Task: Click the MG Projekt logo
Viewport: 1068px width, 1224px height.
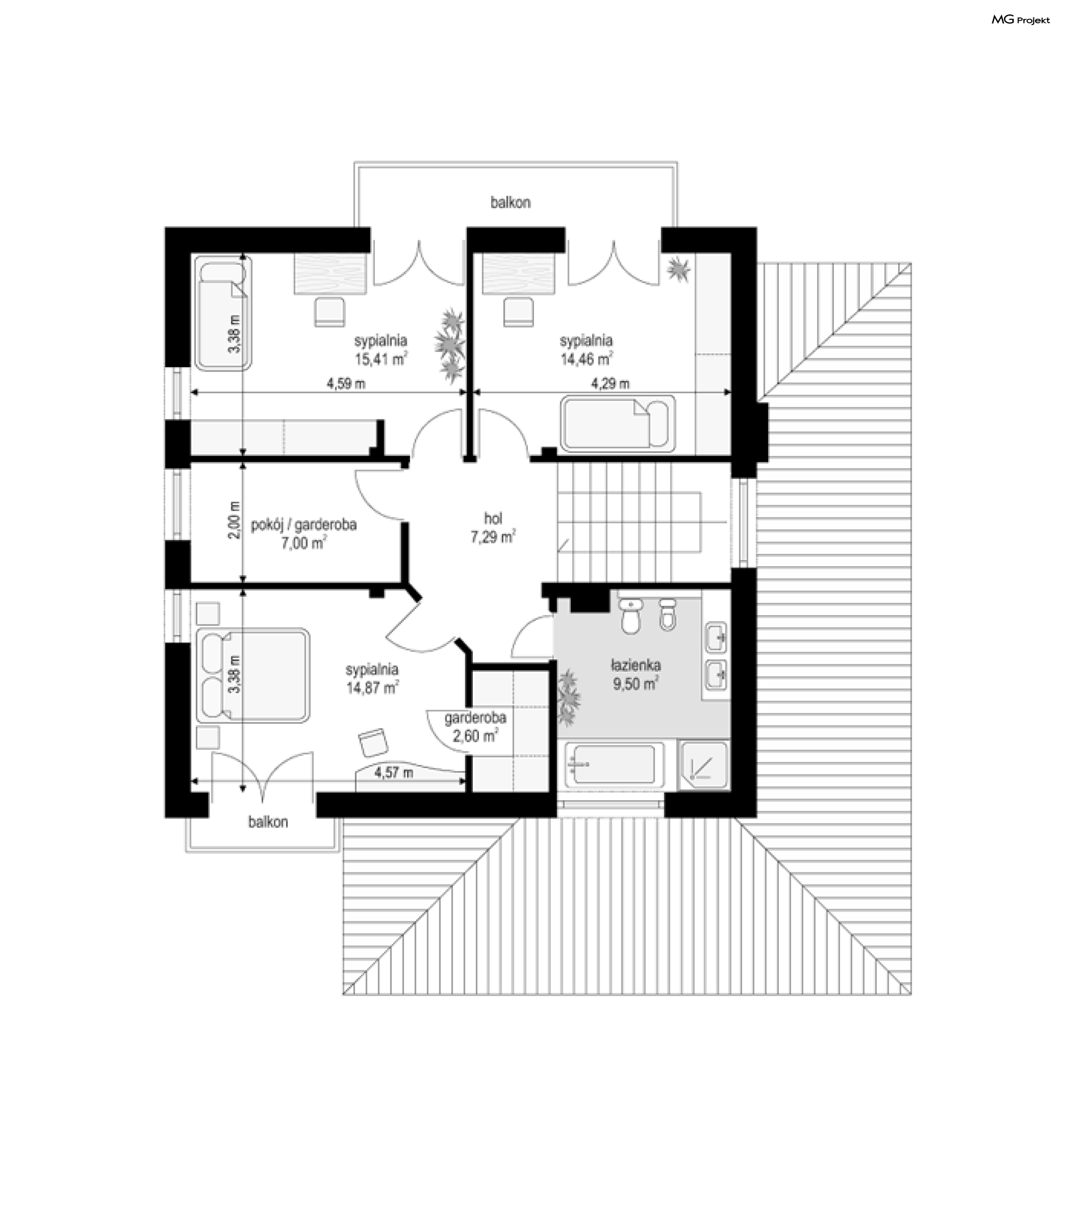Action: pos(1020,19)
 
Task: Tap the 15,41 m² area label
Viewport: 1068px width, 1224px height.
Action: pos(381,359)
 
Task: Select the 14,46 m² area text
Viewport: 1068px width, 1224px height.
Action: pos(586,359)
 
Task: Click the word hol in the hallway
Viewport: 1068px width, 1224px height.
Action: pos(493,518)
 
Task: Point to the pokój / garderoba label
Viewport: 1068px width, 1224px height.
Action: pos(304,525)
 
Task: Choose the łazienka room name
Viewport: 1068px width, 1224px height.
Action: pos(636,665)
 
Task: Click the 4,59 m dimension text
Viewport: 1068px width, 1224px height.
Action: pos(345,384)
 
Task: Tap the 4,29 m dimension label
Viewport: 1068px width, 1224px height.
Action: pos(610,384)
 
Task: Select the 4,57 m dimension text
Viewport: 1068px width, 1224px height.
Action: pos(393,773)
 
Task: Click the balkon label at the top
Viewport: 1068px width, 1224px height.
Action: pos(511,202)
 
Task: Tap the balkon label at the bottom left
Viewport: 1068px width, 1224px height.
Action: pos(268,822)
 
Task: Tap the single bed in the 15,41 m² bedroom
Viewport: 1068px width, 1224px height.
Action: pos(224,314)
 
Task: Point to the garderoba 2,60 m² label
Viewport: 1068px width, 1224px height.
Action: pos(476,727)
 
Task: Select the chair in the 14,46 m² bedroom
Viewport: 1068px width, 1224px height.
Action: pos(518,313)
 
